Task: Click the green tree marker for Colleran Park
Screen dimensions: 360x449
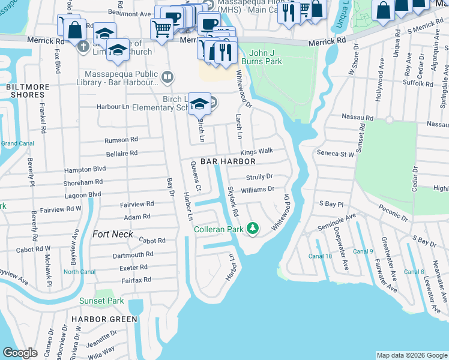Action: point(253,228)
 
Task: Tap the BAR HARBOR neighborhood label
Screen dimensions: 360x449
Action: point(228,161)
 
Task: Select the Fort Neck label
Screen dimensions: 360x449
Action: point(112,234)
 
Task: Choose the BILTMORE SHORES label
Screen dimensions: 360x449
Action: point(28,91)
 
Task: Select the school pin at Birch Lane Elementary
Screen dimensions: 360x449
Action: point(199,103)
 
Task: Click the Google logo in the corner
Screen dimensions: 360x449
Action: point(20,353)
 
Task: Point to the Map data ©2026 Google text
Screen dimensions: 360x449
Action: point(411,355)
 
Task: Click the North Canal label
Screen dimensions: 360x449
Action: point(79,272)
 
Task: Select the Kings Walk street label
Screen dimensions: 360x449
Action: point(257,151)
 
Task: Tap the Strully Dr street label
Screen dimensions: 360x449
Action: point(259,177)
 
